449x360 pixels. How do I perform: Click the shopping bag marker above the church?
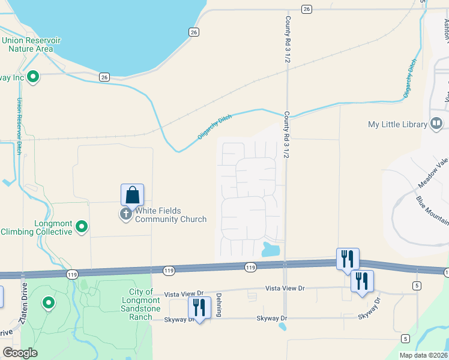132,195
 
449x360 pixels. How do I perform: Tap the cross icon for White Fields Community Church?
126,214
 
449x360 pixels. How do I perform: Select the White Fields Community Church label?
170,215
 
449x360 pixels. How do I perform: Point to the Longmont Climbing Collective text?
37,227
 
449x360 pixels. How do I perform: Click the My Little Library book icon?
436,124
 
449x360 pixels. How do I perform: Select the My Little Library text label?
397,125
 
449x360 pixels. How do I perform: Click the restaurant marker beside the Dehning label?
199,307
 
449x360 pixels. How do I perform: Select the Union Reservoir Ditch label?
19,126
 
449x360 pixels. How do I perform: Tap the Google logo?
20,353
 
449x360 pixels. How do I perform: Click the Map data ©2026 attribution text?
423,355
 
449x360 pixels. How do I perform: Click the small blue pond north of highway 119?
271,248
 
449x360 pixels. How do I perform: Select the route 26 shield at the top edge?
307,9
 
